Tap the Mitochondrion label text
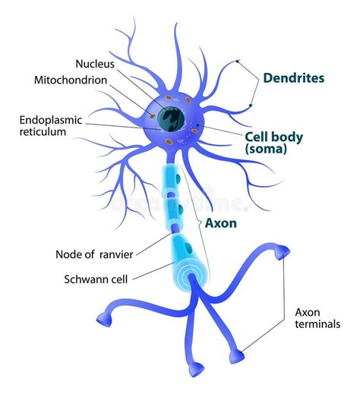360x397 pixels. pyautogui.click(x=79, y=79)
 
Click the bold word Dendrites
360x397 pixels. pyautogui.click(x=293, y=78)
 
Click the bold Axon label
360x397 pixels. pyautogui.click(x=223, y=224)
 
